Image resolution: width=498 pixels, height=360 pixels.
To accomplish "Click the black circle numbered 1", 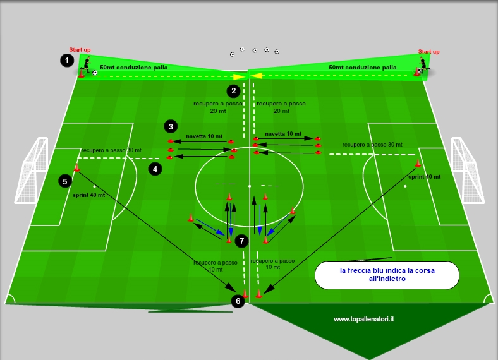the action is click(67, 61).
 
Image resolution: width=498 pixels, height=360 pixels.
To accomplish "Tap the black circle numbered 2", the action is click(233, 91).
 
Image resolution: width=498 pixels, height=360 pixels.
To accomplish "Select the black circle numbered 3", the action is click(171, 127).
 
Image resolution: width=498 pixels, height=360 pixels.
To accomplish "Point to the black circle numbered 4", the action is click(155, 169).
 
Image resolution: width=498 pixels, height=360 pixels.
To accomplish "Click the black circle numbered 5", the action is click(65, 181).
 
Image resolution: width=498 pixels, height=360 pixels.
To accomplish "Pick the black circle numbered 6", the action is click(238, 301).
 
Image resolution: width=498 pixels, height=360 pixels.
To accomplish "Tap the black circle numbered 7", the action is click(241, 241).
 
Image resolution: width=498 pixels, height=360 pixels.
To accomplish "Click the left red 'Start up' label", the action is click(80, 50).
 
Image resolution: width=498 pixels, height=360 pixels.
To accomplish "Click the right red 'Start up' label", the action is click(428, 51).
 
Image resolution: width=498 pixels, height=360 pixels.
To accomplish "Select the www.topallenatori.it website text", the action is click(363, 319).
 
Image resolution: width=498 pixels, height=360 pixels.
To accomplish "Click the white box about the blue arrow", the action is click(387, 275).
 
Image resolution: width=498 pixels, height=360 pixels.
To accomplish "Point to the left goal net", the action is click(31, 170).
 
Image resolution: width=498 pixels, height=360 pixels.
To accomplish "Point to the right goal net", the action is click(468, 170).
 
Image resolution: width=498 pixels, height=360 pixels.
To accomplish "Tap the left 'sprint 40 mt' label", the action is click(88, 195).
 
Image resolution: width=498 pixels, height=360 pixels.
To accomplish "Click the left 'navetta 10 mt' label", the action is click(204, 136).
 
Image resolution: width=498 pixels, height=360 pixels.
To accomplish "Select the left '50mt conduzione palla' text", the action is click(134, 68).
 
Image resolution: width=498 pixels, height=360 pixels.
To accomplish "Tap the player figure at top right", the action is click(423, 65).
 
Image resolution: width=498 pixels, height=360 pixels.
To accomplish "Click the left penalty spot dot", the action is click(94, 186).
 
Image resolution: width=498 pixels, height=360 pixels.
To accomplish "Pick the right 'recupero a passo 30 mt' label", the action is click(372, 145).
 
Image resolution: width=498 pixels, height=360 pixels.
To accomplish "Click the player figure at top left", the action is click(86, 65).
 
